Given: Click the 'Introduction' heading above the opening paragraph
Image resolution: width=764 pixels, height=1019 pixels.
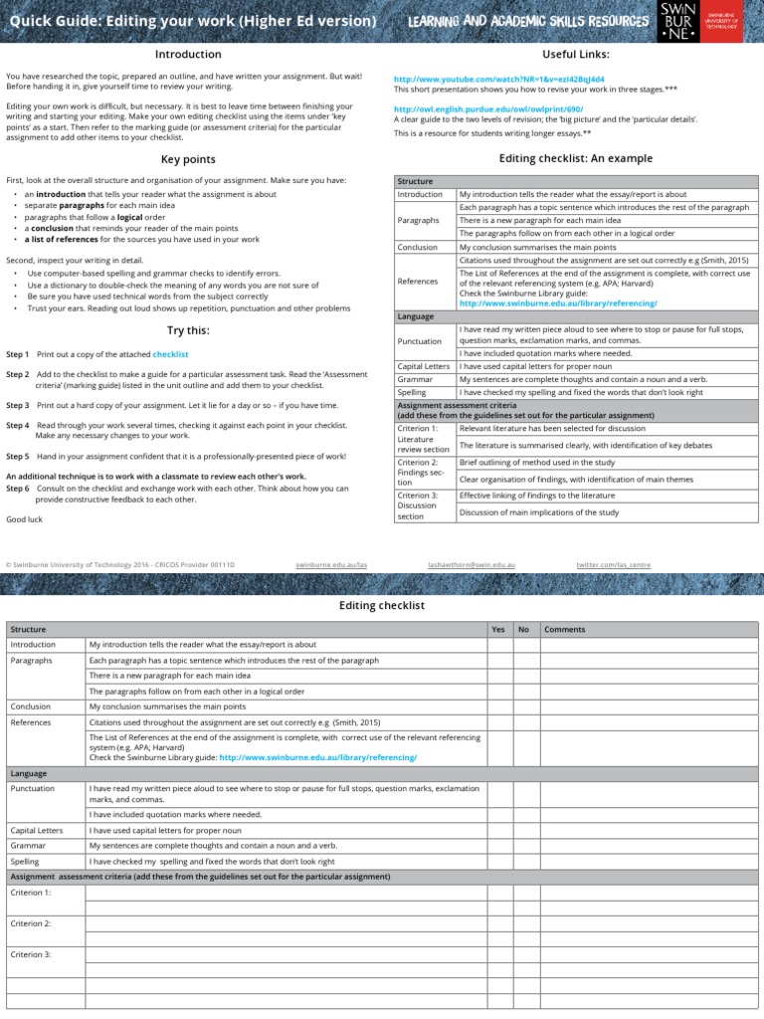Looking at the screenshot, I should (x=190, y=54).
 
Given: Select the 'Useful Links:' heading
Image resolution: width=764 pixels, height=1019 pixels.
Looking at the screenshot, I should (x=575, y=54).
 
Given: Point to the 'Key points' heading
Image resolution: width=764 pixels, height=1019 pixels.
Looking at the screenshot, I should (x=188, y=159).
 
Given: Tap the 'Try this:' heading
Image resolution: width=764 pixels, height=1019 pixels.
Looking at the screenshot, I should (x=188, y=330).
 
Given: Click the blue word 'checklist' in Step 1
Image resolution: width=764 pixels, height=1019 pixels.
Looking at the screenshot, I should (x=170, y=354).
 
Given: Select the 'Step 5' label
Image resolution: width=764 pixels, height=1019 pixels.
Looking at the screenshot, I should (x=18, y=456).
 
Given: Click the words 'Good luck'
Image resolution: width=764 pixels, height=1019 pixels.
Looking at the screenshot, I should (x=25, y=519).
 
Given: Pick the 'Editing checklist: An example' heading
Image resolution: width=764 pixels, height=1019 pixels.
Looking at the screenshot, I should (x=575, y=158).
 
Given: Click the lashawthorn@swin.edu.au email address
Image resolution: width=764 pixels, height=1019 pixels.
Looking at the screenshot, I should (x=472, y=564).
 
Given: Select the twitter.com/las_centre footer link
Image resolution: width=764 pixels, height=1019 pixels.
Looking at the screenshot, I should (x=614, y=564).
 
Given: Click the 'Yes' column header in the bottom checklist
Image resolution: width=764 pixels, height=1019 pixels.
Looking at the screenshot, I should (x=498, y=629).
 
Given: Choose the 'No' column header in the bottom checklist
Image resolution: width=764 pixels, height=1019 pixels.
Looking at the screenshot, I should (x=523, y=629).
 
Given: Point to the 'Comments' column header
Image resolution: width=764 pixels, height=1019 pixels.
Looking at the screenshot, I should (x=565, y=629).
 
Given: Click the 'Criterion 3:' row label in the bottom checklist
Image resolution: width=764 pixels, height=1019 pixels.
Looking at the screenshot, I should (x=30, y=954).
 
